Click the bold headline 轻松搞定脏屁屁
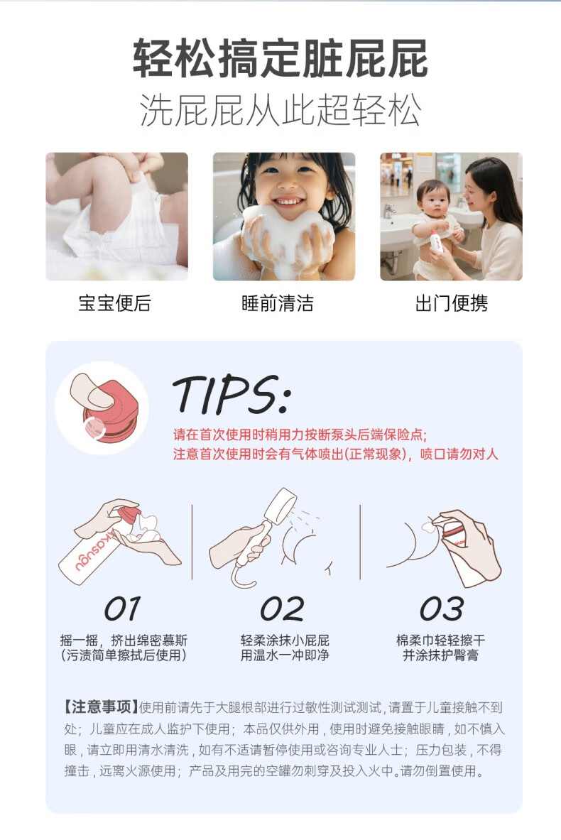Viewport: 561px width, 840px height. coord(280,58)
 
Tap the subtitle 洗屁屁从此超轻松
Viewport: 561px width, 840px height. coord(280,110)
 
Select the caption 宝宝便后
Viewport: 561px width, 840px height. coord(114,303)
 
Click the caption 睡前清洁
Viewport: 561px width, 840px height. coord(278,303)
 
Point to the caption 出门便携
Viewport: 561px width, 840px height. coord(451,303)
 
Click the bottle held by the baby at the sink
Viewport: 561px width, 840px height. coord(437,241)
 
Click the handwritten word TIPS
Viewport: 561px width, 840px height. coord(232,395)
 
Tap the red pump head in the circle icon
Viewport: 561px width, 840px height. coord(111,418)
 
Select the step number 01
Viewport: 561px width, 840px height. coord(123,609)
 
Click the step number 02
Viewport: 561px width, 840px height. coord(282,609)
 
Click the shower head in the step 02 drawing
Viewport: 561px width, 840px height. coord(283,507)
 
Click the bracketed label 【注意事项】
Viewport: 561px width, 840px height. coord(100,707)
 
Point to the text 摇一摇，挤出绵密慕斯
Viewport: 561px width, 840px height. coord(124,640)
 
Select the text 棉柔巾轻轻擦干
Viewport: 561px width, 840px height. coord(440,640)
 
